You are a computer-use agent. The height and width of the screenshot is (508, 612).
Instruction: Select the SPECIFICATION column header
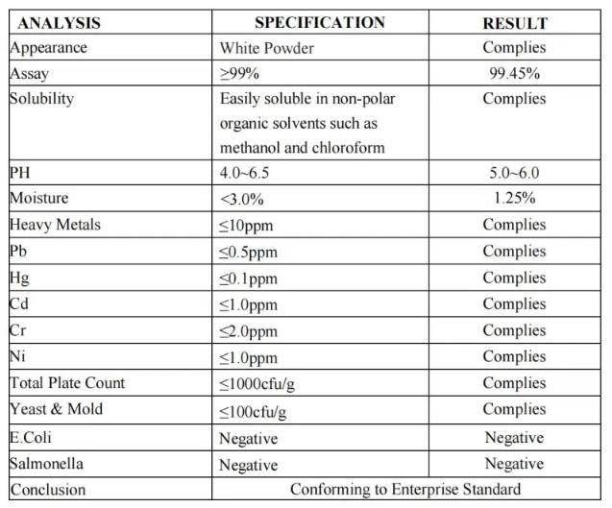click(x=320, y=22)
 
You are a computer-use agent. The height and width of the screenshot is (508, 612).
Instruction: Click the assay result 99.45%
click(x=514, y=73)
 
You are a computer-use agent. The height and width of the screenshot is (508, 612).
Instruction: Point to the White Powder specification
click(x=266, y=47)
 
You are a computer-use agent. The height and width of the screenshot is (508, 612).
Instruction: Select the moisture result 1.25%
click(x=514, y=199)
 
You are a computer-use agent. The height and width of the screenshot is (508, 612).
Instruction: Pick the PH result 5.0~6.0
click(x=514, y=173)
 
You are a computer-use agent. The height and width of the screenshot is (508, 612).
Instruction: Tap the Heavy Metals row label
click(x=55, y=225)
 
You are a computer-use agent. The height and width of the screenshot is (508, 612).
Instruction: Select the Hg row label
click(x=19, y=278)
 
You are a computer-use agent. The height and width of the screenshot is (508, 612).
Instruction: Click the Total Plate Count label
click(x=67, y=383)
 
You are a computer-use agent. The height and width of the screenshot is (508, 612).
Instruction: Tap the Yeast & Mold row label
click(x=56, y=409)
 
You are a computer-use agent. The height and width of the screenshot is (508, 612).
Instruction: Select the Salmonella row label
click(x=46, y=464)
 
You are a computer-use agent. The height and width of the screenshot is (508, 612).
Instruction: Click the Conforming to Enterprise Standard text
click(x=405, y=489)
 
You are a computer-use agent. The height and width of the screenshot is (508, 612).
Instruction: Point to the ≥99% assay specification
click(x=240, y=73)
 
